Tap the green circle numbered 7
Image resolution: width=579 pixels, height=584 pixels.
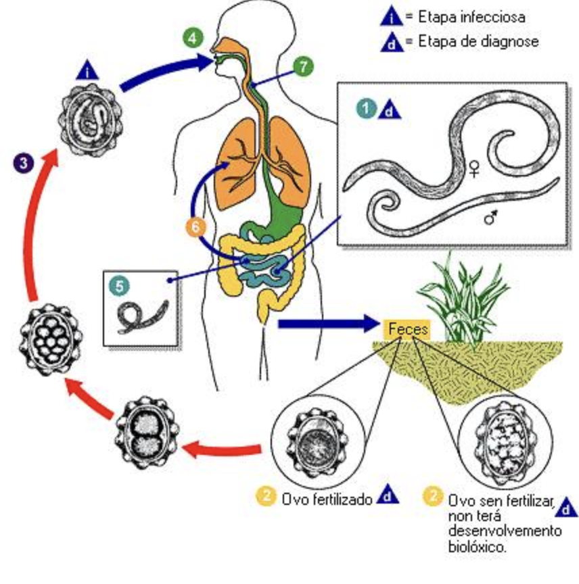click(x=304, y=66)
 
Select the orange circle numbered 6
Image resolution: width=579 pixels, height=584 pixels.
click(x=195, y=227)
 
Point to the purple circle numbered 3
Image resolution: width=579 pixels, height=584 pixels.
click(x=24, y=162)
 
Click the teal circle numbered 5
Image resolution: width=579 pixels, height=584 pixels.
click(x=119, y=286)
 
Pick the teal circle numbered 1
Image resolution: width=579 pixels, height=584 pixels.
click(x=367, y=107)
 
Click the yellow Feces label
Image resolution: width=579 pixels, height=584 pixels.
click(x=408, y=329)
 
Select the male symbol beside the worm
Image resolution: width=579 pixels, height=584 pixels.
click(x=492, y=217)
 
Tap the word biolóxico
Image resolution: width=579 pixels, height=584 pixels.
click(x=476, y=547)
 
